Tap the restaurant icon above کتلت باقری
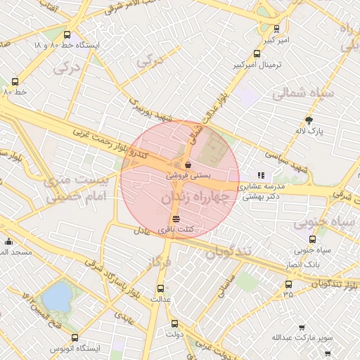[175, 219]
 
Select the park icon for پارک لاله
[308, 120]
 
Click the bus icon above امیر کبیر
[276, 30]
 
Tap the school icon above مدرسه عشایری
[261, 175]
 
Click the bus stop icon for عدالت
[160, 288]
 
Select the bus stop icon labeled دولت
[174, 323]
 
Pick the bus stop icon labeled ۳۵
[288, 284]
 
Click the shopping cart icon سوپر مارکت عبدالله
[302, 327]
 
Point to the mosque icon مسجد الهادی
[8, 241]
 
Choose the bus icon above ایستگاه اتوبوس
[75, 337]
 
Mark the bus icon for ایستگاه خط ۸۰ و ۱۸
[67, 34]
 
